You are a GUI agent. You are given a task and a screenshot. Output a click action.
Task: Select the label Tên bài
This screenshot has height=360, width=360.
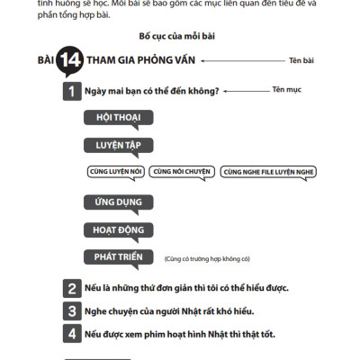[x=301, y=60]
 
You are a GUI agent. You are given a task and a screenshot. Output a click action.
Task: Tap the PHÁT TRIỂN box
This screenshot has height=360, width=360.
[x=118, y=256]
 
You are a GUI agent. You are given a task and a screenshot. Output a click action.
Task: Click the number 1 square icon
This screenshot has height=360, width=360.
[x=70, y=91]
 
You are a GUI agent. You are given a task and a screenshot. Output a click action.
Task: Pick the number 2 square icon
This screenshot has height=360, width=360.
[x=72, y=288]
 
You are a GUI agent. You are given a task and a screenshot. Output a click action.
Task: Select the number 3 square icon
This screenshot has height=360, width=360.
[x=72, y=310]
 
